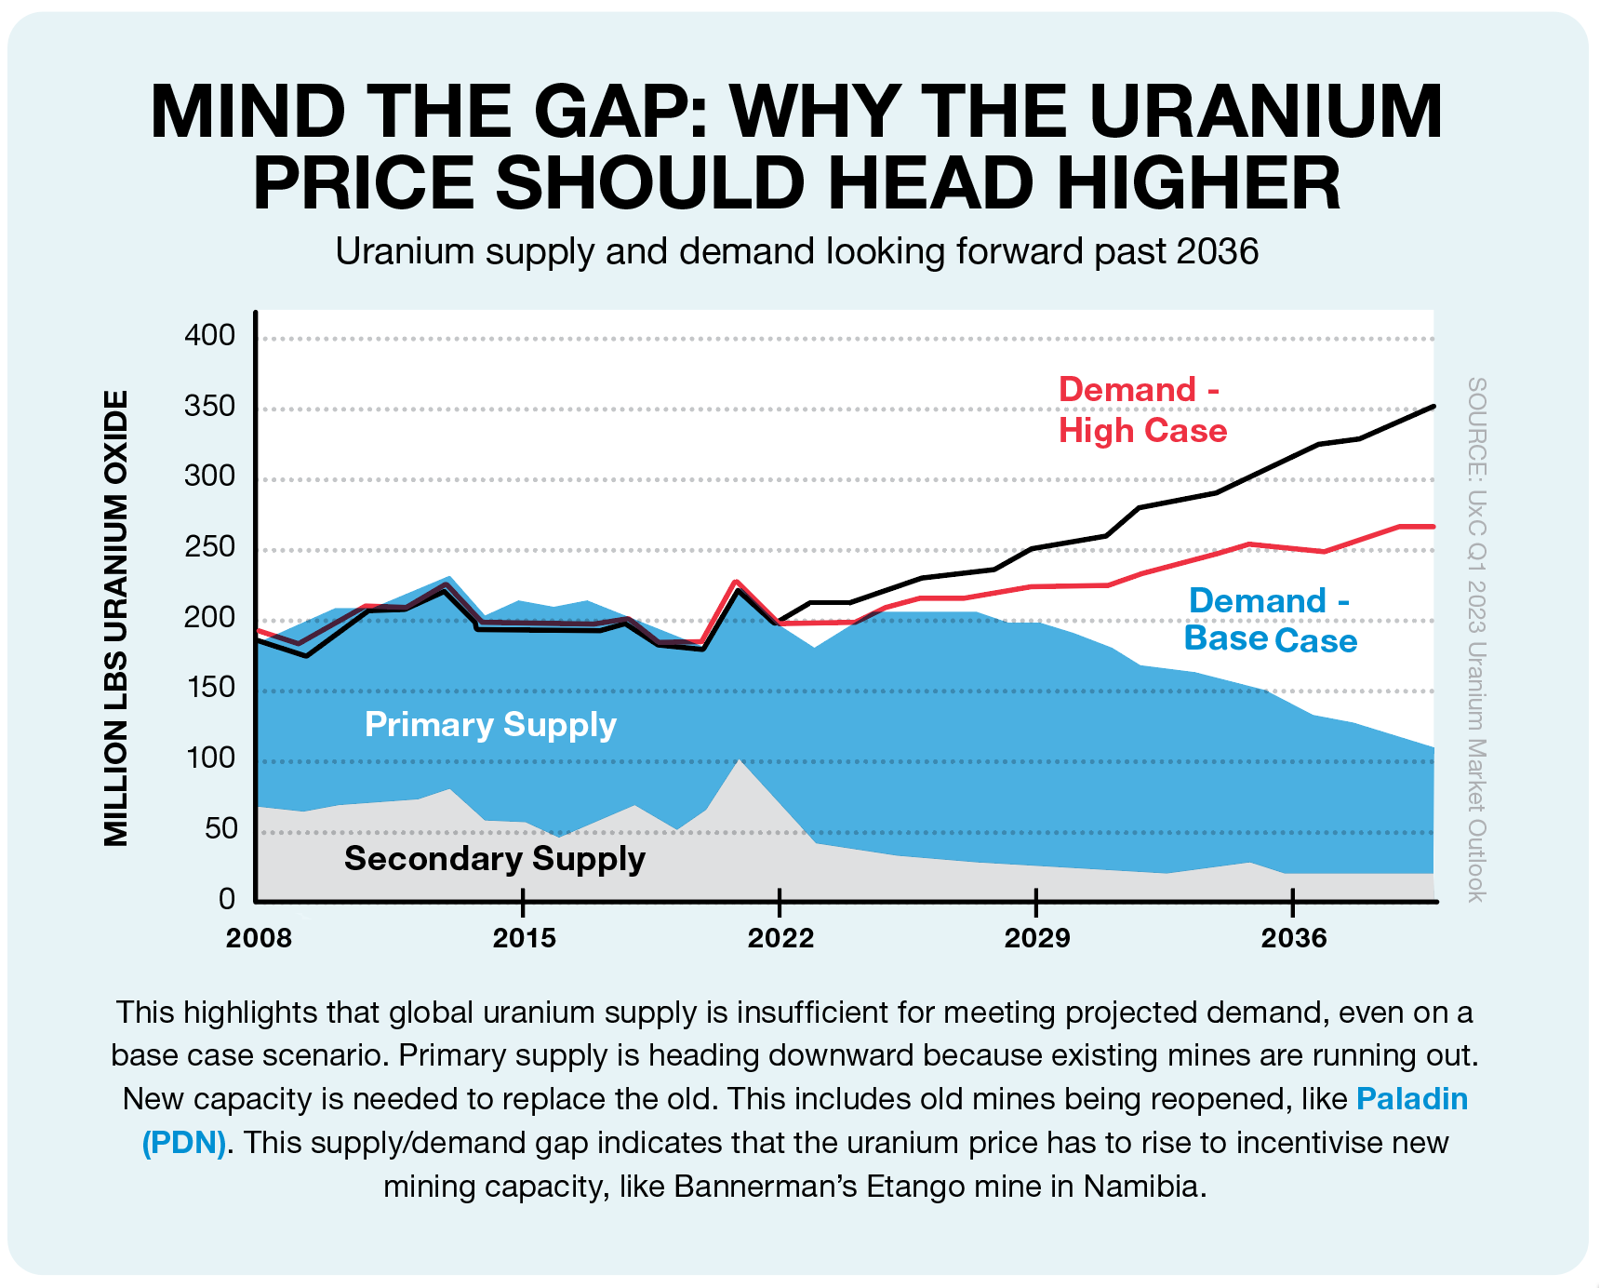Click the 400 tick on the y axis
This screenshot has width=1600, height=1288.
210,335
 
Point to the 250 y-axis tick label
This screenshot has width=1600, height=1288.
210,546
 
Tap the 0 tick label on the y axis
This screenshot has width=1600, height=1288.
227,898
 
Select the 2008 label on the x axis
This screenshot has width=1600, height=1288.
259,938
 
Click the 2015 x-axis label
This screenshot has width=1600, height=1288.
525,938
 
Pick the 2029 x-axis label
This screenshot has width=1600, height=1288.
1037,938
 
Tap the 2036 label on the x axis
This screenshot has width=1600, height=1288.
1294,938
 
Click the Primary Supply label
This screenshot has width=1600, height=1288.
490,725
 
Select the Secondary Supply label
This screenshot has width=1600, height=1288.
495,858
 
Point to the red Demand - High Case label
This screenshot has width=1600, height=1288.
1142,410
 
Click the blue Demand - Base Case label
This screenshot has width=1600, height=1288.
1270,620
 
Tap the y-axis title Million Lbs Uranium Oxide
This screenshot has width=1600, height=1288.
116,618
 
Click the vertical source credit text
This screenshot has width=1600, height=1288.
1476,639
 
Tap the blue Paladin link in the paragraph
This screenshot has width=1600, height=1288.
1412,1099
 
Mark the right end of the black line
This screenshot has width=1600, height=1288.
1433,407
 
